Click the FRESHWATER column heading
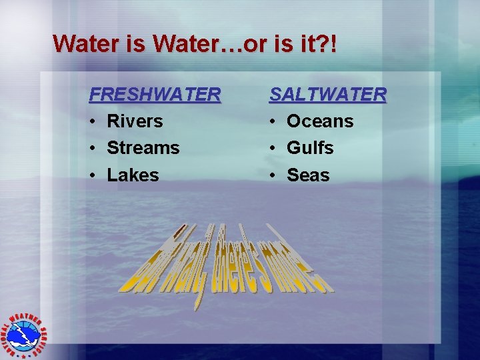[155, 95]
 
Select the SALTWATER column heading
[327, 95]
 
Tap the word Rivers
[135, 121]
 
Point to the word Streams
[143, 148]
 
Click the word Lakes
[133, 175]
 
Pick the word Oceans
[320, 121]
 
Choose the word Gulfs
[310, 148]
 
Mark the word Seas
[308, 175]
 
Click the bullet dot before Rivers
[93, 122]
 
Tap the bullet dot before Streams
[93, 149]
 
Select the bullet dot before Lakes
[93, 176]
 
